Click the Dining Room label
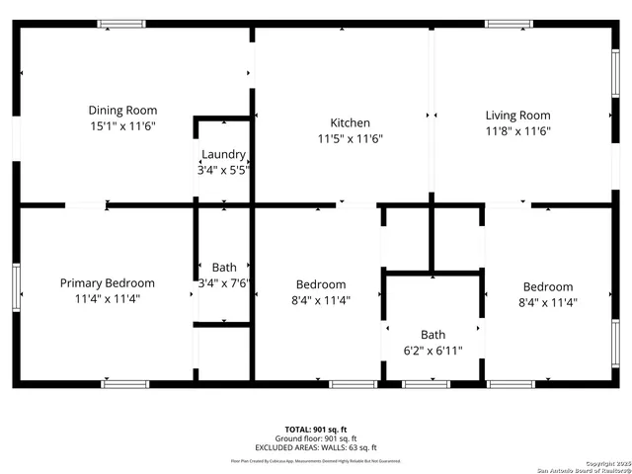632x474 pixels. [x=122, y=111]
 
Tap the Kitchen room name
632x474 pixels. [x=350, y=123]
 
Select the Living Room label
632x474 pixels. [x=517, y=116]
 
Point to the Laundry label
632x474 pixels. [x=223, y=154]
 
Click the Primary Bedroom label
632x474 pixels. [x=107, y=282]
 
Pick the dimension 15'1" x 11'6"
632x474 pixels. [x=122, y=126]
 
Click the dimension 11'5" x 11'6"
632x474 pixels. [x=350, y=139]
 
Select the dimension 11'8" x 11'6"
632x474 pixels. [x=517, y=131]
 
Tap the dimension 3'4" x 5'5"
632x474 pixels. [x=223, y=170]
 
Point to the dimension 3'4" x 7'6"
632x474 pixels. [x=224, y=282]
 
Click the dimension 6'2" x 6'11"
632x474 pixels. [x=433, y=351]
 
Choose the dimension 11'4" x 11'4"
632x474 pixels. [x=107, y=298]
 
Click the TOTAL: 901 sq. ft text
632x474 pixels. [x=315, y=430]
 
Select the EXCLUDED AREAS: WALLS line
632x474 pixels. [x=315, y=447]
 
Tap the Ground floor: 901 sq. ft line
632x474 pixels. [x=315, y=438]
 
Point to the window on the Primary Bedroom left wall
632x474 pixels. [x=16, y=287]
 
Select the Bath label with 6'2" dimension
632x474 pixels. [x=433, y=335]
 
